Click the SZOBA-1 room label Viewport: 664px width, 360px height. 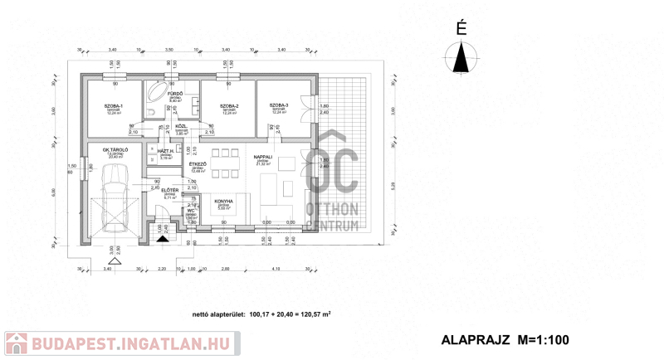114,107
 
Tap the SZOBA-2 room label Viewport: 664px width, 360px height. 230,107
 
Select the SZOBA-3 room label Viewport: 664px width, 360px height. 278,105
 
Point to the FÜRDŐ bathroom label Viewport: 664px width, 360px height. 175,95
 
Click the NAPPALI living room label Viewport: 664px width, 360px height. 264,156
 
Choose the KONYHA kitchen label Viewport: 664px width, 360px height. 223,202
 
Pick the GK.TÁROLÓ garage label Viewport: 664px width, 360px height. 115,150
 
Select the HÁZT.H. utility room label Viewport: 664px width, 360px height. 165,151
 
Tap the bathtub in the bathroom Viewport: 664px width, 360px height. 156,102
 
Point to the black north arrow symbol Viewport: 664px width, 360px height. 461,58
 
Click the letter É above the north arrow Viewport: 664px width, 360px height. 461,28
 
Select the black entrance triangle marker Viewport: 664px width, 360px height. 164,236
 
